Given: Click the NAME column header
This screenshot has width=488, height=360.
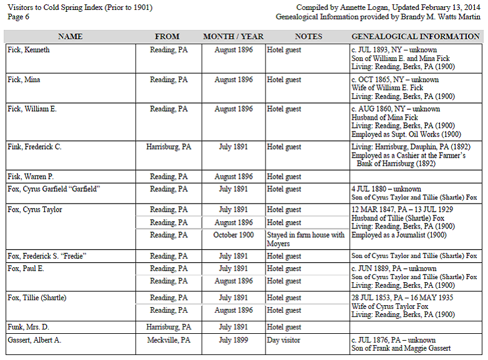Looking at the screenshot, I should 70,37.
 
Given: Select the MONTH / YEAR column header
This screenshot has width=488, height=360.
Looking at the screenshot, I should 233,37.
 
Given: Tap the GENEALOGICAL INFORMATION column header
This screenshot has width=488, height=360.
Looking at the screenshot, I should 416,37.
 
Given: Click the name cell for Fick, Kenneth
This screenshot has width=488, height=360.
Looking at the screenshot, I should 29,50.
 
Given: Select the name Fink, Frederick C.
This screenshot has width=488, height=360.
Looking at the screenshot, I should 34,147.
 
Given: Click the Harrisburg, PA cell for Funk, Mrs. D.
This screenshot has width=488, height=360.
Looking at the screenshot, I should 168,327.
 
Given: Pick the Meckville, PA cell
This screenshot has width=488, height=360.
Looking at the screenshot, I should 168,340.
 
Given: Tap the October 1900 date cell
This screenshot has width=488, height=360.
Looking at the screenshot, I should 233,235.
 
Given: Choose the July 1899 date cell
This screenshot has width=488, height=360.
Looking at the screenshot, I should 233,340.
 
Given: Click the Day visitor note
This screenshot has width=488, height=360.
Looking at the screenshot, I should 284,340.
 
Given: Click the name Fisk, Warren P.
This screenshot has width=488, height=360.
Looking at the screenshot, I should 31,177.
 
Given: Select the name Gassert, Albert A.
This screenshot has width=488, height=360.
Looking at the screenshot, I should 34,340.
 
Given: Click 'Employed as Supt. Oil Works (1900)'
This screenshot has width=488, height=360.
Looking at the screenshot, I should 406,134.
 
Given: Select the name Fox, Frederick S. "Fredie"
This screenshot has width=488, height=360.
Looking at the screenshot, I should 47,256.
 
